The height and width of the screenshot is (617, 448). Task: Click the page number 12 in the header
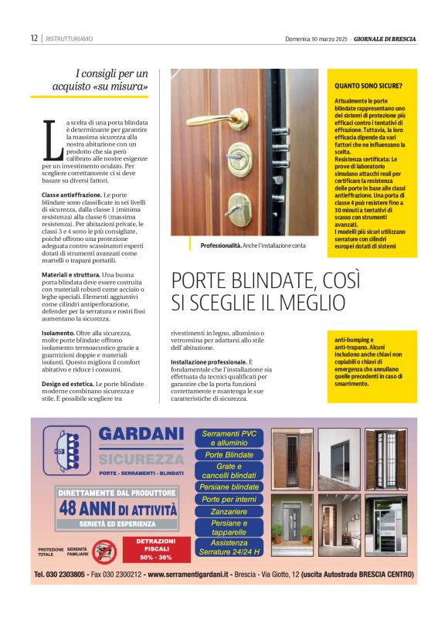click(34, 38)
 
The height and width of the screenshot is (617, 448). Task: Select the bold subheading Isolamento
click(59, 333)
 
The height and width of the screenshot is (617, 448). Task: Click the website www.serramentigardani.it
click(192, 575)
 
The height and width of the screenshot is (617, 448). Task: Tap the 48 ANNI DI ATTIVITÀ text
click(118, 509)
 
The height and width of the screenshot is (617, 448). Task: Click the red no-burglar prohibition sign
click(104, 551)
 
